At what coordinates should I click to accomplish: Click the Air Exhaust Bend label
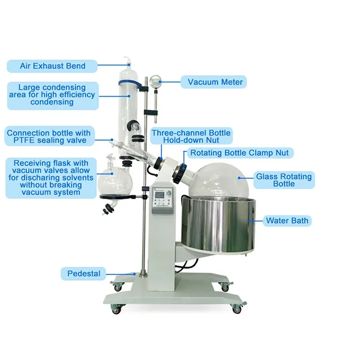point(53,66)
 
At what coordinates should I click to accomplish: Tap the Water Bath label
point(287,220)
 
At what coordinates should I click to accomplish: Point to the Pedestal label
point(84,274)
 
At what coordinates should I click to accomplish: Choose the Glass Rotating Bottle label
point(283,180)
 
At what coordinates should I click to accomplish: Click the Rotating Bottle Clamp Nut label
point(241,153)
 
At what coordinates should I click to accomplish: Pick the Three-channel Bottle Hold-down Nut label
point(191,136)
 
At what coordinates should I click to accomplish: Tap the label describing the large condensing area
point(52,95)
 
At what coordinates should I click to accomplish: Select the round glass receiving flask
point(116,179)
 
